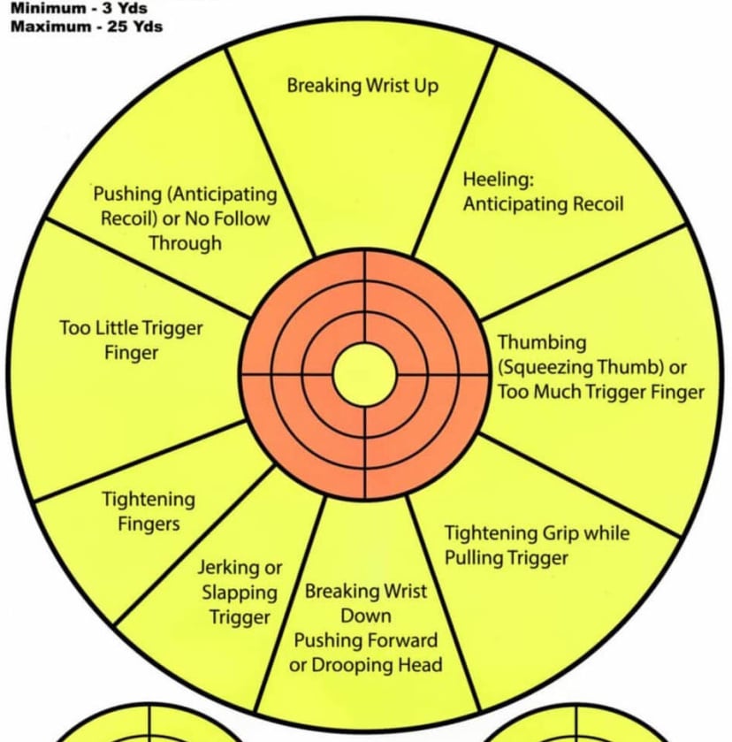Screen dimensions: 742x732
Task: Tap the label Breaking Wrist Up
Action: (362, 86)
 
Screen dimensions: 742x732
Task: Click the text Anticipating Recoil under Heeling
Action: (543, 204)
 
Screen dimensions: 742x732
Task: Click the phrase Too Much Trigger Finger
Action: (601, 392)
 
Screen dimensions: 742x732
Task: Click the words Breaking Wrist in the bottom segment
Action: (365, 591)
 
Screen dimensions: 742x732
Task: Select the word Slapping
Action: (239, 593)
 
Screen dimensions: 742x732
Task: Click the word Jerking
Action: (228, 568)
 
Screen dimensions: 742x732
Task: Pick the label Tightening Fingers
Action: (149, 511)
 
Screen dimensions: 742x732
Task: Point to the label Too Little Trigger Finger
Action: (131, 340)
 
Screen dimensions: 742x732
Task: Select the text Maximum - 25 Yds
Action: (87, 26)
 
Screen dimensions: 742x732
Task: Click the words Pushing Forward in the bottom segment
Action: (365, 640)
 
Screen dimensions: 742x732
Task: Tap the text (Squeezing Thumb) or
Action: (592, 367)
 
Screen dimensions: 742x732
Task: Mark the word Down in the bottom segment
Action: (365, 616)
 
